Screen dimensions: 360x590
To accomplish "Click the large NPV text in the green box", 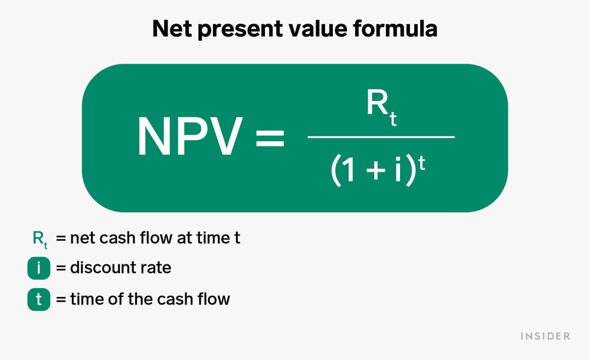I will click(189, 138).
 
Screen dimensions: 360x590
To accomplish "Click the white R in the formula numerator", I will click(377, 104).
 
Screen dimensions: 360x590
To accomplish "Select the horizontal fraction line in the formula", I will click(381, 138).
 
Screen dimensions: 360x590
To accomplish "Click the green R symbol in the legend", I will click(37, 238).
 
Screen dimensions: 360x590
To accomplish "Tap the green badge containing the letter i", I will click(39, 269).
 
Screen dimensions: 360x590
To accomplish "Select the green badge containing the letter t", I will click(39, 300).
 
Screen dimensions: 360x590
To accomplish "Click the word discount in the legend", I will click(103, 268).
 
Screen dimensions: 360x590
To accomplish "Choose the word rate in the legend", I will click(155, 269).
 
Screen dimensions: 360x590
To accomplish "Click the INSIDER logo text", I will click(545, 336).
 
